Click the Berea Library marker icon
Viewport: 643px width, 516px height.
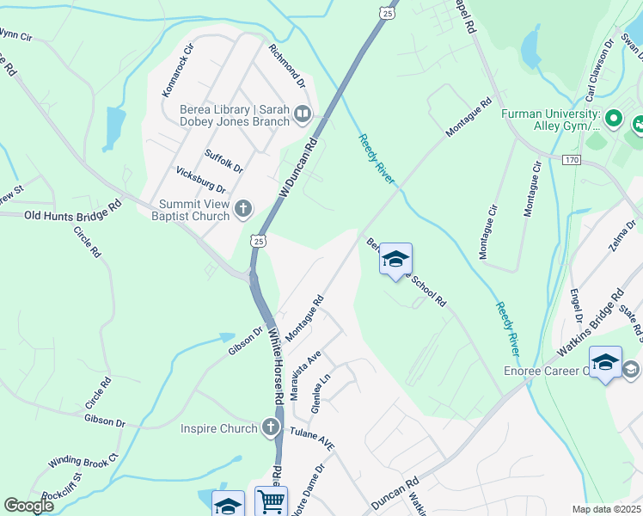[x=302, y=114]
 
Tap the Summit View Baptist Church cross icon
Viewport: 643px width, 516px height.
[x=243, y=208]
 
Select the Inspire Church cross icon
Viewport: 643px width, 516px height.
[x=271, y=427]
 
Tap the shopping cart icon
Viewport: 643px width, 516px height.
[x=271, y=501]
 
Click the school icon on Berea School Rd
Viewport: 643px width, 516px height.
[x=395, y=259]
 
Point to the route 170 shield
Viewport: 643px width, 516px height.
[x=572, y=160]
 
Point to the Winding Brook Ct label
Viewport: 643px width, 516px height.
[x=82, y=461]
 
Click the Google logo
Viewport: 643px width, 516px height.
[x=29, y=506]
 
